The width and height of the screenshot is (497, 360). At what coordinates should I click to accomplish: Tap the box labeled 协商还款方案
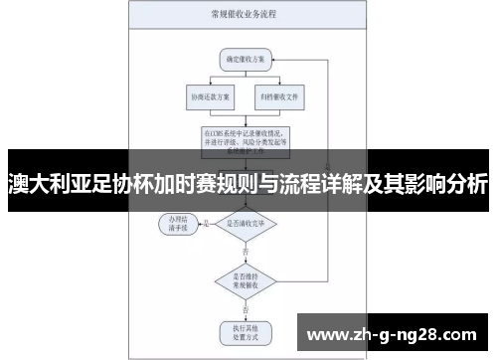pyautogui.click(x=207, y=97)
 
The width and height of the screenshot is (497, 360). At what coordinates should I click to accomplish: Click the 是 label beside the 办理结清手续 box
pyautogui.click(x=205, y=224)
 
